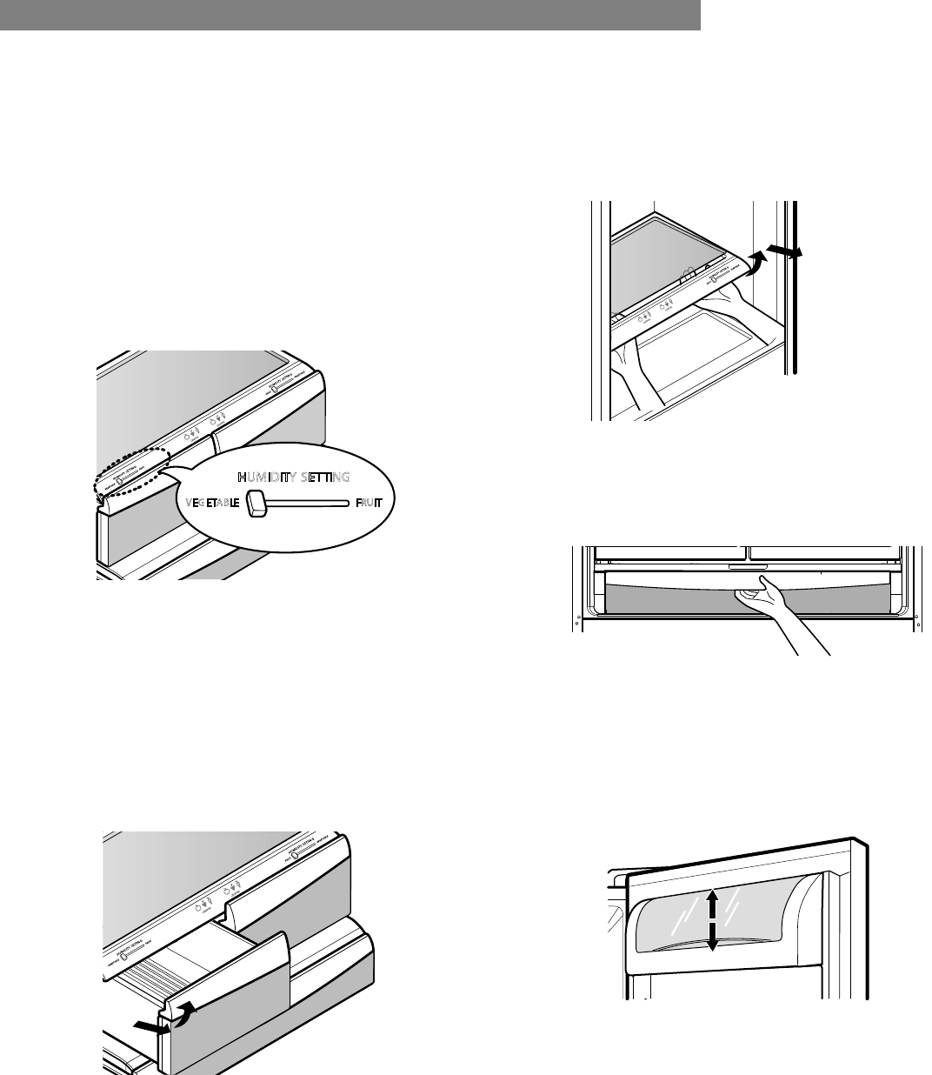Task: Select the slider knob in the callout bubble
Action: (x=256, y=503)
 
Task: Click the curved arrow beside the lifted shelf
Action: (x=759, y=259)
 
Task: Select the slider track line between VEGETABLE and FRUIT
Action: (x=309, y=503)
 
